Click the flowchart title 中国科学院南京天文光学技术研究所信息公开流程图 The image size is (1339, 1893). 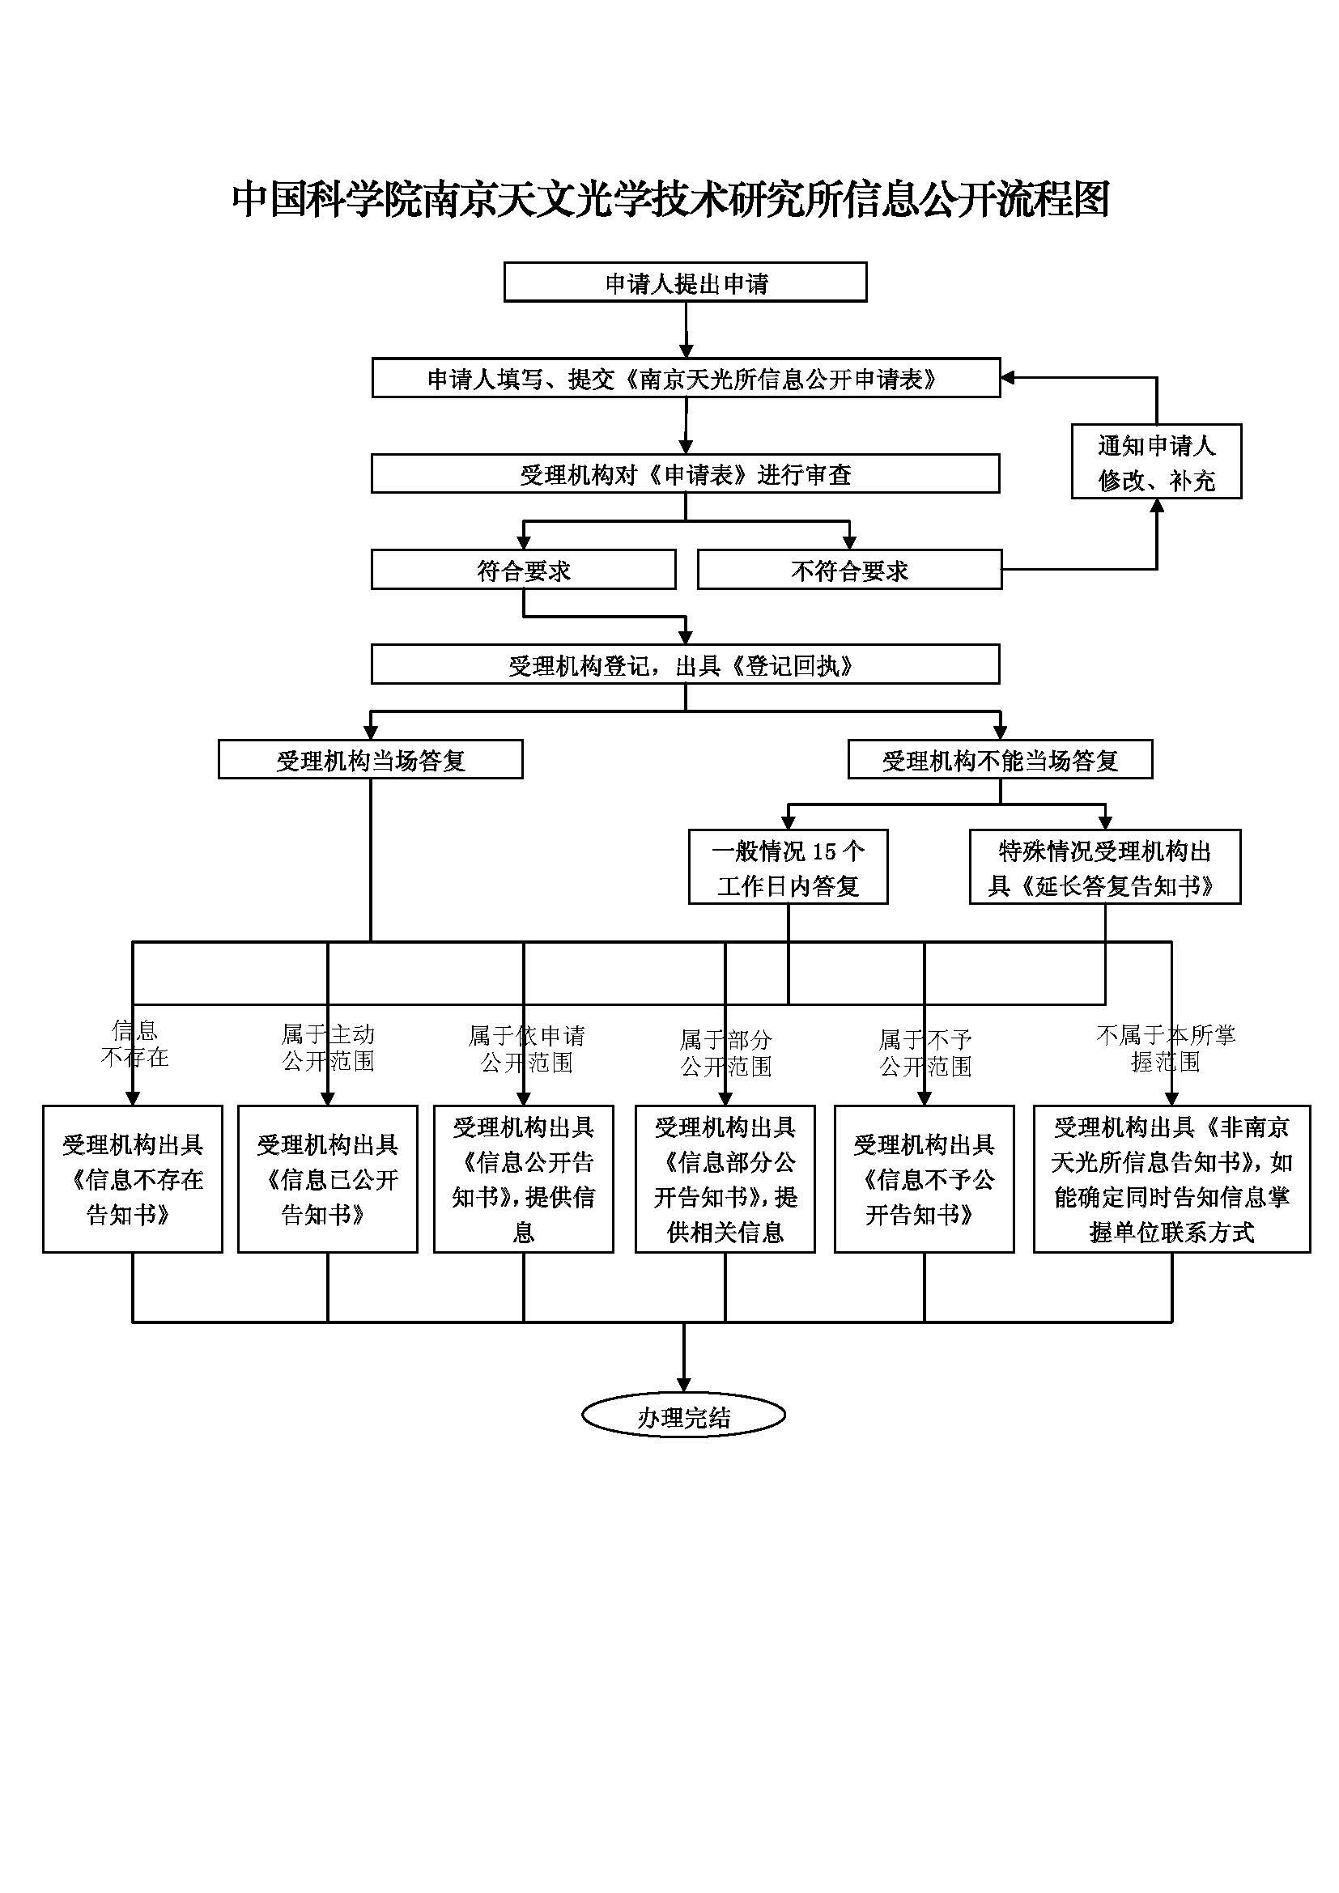[670, 200]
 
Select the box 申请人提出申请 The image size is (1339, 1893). [685, 282]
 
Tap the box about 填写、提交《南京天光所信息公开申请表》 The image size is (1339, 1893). [686, 378]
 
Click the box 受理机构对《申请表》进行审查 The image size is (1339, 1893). [685, 473]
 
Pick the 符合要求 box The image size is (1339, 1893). [524, 570]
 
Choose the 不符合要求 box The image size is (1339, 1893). [849, 570]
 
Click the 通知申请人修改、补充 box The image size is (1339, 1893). [1157, 461]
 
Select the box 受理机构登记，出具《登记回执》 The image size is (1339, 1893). [685, 664]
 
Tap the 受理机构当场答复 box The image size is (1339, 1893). [370, 759]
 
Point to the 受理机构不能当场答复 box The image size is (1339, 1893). [1000, 759]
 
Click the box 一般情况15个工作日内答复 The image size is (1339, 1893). [789, 868]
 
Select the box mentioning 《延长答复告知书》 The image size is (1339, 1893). [1105, 868]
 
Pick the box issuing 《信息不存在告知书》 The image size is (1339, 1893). [133, 1179]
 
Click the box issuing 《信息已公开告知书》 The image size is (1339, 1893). [328, 1179]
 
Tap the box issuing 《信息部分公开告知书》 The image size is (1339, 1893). [725, 1179]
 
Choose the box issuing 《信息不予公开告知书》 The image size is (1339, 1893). [925, 1179]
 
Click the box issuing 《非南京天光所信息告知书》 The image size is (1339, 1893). [1172, 1179]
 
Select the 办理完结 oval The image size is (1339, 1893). [683, 1416]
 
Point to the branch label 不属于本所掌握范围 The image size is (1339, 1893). [1166, 1048]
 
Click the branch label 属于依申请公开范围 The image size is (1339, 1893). [527, 1048]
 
